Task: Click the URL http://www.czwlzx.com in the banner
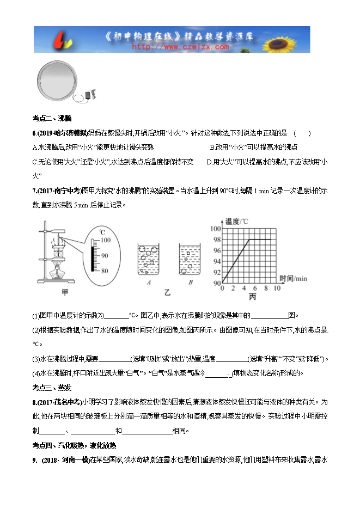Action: [180, 47]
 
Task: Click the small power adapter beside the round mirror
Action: [90, 95]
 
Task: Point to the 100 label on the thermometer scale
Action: [105, 240]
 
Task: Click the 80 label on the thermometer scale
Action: [105, 271]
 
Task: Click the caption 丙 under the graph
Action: [252, 297]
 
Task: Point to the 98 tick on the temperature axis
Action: [216, 240]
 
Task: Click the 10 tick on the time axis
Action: [277, 288]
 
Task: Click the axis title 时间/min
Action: [293, 279]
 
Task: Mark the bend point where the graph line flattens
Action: [249, 240]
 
